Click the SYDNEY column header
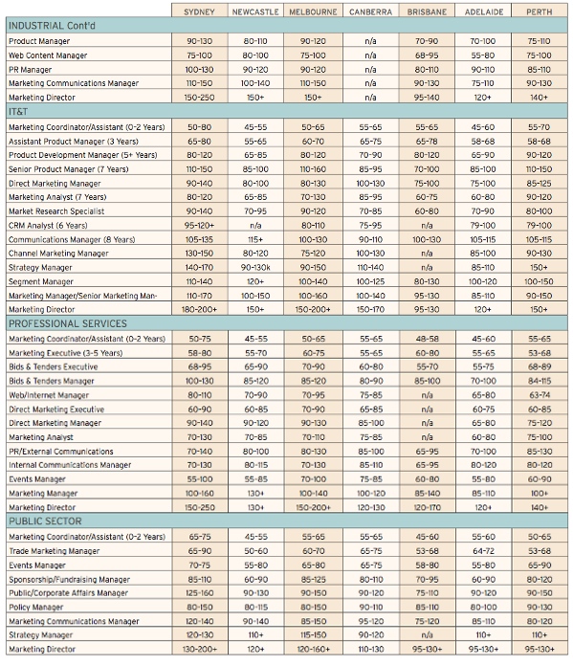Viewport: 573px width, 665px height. point(199,11)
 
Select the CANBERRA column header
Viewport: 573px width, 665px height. point(370,11)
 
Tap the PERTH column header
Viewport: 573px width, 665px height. point(540,11)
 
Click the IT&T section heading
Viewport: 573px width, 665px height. point(18,112)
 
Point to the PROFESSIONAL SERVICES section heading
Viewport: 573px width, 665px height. point(68,323)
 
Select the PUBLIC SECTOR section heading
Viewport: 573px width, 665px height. point(45,521)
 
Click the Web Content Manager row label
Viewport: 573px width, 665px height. point(48,55)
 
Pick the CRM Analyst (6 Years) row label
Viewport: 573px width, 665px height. point(48,225)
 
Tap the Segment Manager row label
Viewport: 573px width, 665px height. point(41,281)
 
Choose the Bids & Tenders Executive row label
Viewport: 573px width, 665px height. point(54,366)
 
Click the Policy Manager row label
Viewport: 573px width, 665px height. point(36,607)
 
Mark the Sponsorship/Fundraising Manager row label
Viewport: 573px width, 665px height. point(70,579)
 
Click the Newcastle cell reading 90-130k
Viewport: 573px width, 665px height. point(255,268)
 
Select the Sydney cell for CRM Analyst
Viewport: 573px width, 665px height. point(199,225)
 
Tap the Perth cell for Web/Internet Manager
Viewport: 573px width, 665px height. point(540,395)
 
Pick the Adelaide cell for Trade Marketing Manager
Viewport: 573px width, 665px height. point(483,551)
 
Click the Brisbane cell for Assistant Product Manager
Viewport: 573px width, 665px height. point(427,142)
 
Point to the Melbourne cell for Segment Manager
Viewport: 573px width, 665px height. point(313,281)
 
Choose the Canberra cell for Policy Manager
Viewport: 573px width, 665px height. point(371,607)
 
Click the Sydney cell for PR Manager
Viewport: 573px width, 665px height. point(199,70)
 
